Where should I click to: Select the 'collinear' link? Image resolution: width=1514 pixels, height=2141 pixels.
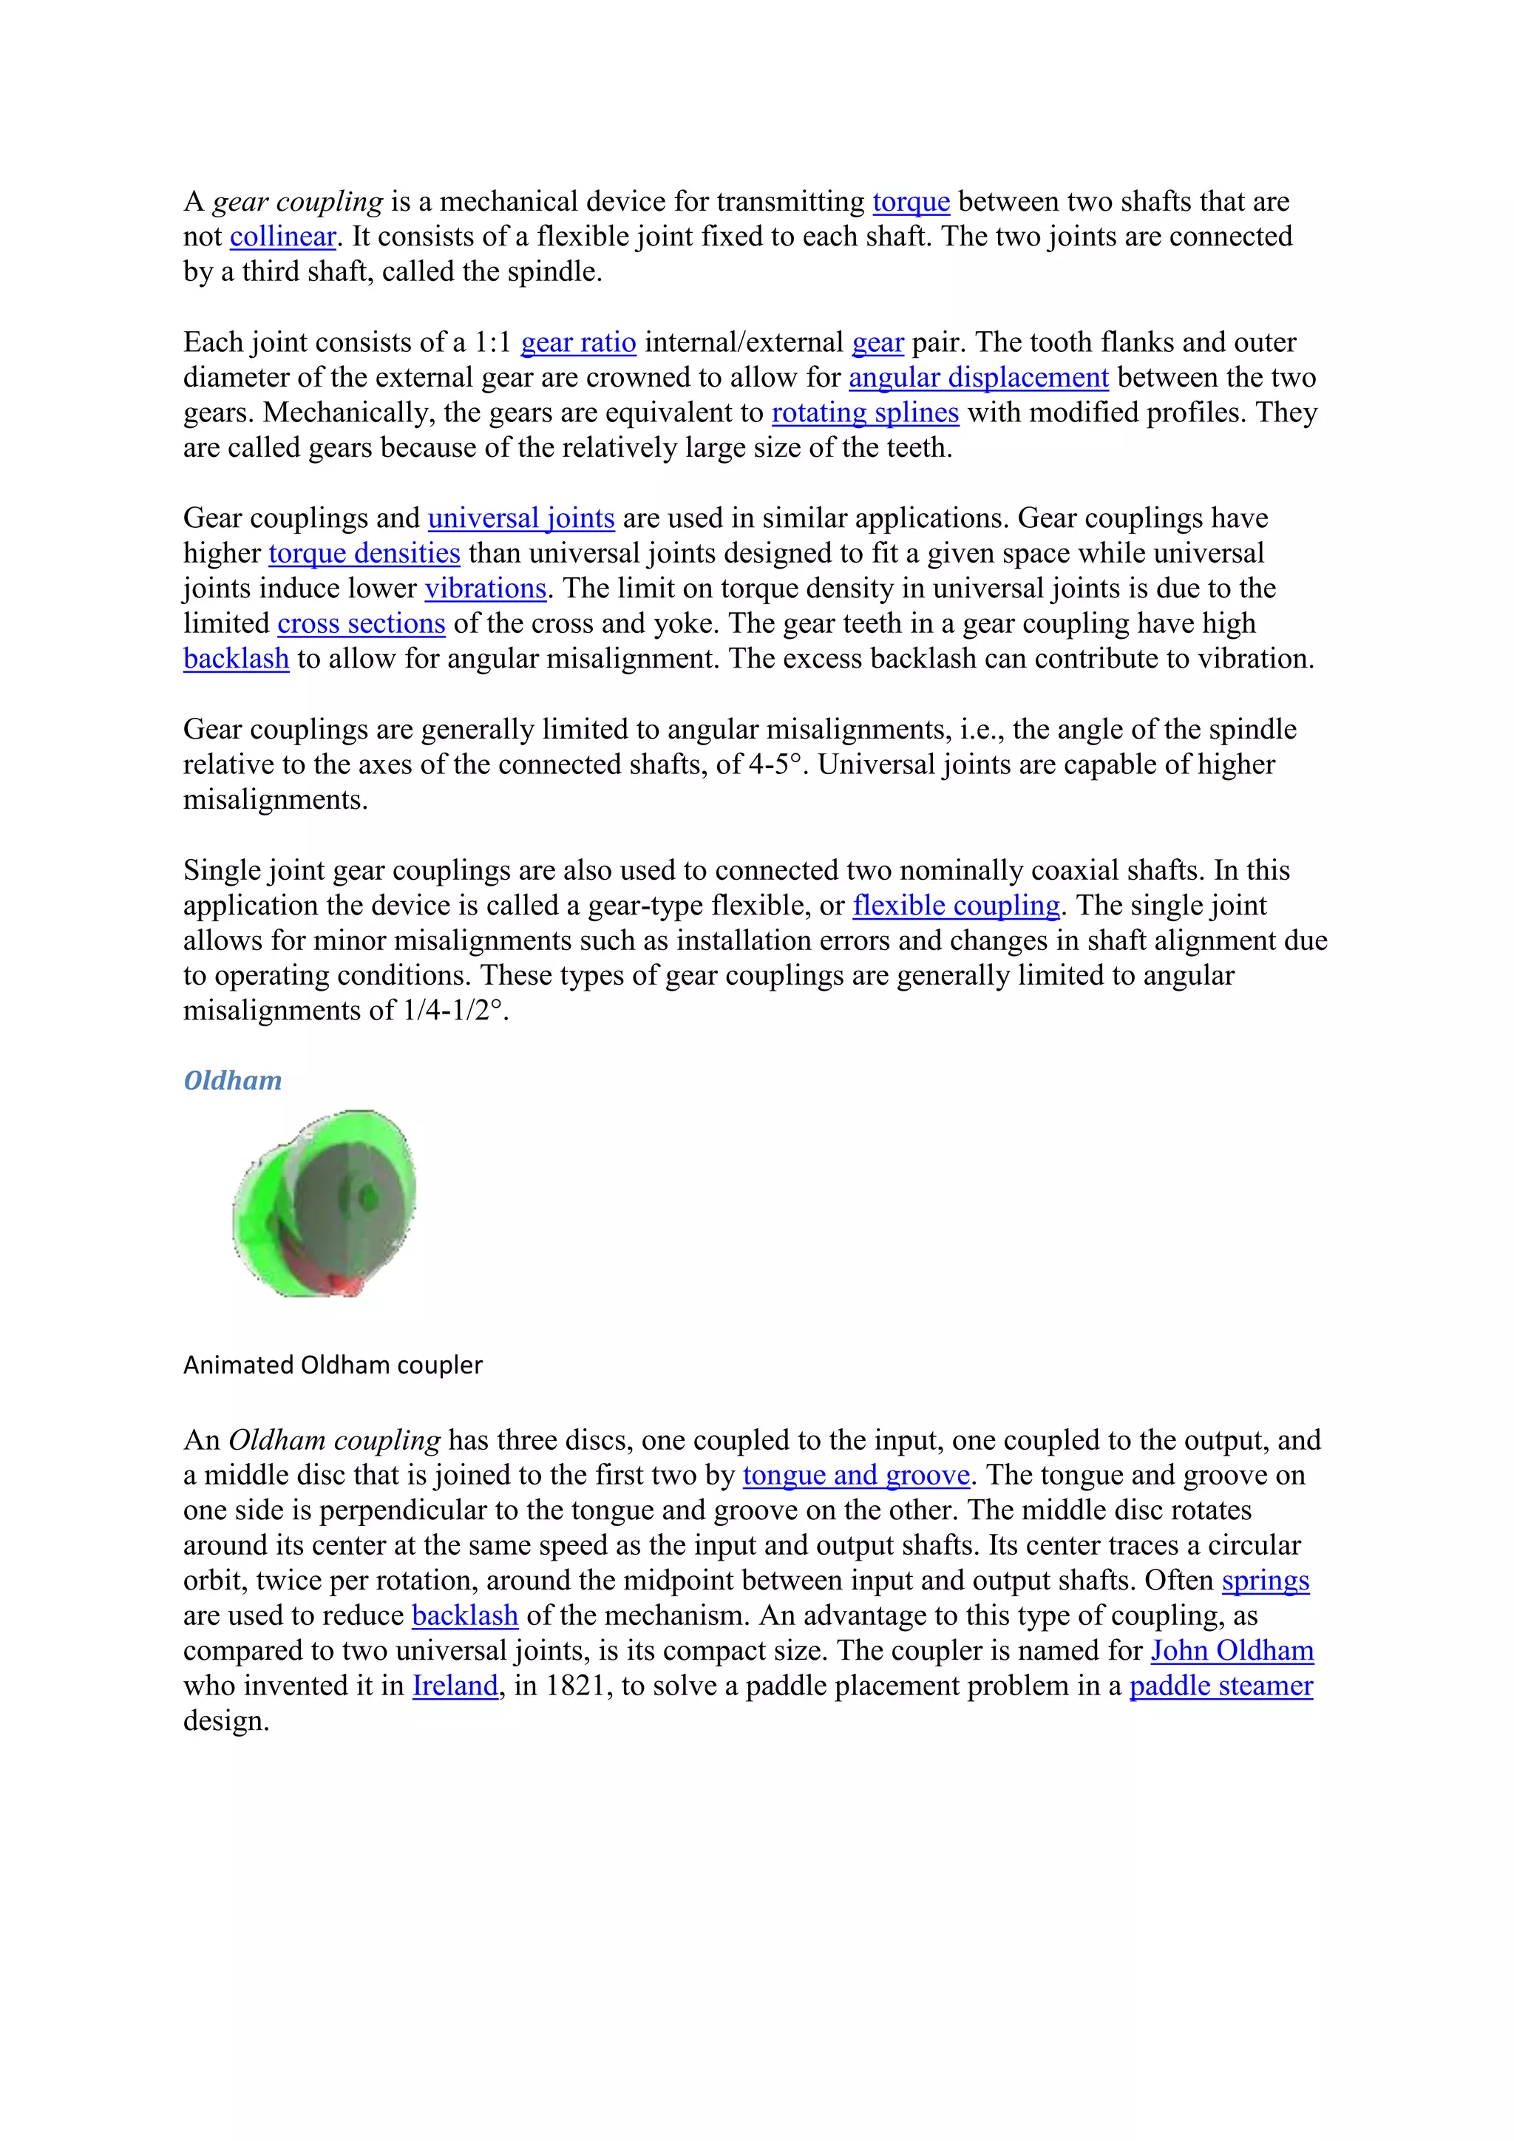282,237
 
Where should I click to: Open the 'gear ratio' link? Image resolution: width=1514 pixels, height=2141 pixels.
578,343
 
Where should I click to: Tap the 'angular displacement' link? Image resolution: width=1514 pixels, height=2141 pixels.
978,378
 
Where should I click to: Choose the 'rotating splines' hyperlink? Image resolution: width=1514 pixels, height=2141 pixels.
865,413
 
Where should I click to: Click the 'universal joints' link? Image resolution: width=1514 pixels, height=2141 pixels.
521,518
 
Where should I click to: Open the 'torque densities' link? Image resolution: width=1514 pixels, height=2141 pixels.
364,554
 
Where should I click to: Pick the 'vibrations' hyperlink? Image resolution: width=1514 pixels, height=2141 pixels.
485,588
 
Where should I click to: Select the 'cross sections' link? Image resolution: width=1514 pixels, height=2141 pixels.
361,624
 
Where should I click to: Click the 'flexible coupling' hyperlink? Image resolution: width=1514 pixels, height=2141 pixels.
956,906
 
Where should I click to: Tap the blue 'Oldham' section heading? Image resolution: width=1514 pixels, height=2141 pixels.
232,1081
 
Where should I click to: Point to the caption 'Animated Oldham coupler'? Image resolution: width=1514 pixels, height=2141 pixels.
333,1365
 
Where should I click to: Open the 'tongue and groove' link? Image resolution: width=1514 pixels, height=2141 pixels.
856,1475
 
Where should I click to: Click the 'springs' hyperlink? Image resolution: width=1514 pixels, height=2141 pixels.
1265,1581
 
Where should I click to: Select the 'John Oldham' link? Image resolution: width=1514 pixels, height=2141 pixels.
1232,1651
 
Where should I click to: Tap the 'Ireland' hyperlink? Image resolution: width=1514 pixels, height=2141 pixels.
455,1686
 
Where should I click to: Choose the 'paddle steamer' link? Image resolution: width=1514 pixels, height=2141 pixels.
1221,1686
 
